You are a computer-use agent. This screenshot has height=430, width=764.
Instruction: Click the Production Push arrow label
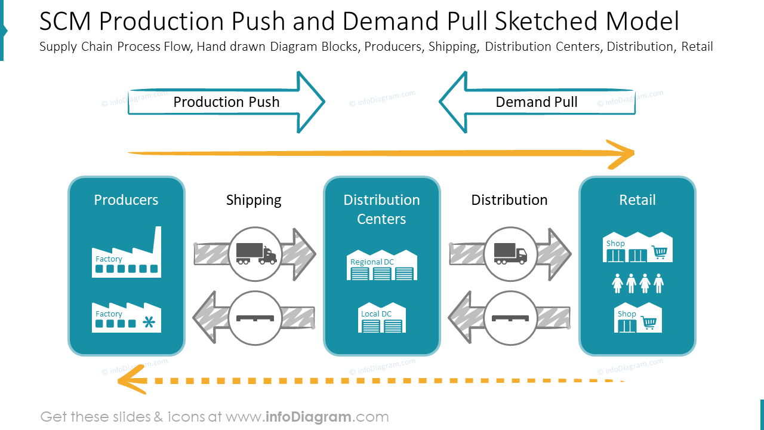coord(226,102)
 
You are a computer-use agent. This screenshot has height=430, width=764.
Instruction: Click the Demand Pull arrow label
coord(536,102)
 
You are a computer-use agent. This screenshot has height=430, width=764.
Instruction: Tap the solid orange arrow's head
coord(621,154)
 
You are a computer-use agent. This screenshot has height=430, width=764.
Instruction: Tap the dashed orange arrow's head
coord(133,380)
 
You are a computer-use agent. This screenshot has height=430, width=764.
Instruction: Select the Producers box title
coord(126,200)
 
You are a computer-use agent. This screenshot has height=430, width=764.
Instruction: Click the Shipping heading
coord(254,200)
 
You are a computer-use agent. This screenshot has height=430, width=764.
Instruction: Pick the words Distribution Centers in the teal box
coord(381,210)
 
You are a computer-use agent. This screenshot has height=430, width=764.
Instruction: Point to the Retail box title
coord(637,200)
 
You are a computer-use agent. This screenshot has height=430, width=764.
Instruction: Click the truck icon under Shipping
coord(257,254)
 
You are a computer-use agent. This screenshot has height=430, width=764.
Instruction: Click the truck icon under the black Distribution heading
coord(510,254)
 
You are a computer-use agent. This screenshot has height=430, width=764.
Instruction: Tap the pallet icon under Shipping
coord(255,318)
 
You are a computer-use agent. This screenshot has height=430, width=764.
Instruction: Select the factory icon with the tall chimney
coord(127,252)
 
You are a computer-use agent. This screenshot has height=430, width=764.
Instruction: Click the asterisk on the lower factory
coord(149,322)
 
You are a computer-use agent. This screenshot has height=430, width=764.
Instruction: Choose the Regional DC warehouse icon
coord(382,265)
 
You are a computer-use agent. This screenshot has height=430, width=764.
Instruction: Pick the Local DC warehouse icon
coord(382,317)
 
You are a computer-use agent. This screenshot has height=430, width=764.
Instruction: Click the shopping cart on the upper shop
coord(660,252)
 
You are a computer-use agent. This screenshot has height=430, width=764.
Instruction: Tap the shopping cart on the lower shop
coord(649,322)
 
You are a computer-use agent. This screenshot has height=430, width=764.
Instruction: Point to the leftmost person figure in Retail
coord(617,283)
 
